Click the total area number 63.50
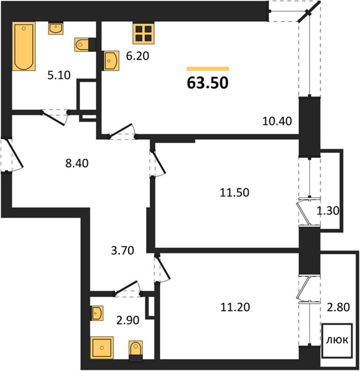(x=208, y=83)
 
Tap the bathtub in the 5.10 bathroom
(x=24, y=46)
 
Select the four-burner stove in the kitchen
(x=144, y=33)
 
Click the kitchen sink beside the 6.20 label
(x=111, y=61)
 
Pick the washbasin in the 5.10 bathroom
(x=56, y=28)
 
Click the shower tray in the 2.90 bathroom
(x=102, y=348)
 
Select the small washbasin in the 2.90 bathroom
(x=97, y=313)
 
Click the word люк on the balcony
(x=337, y=340)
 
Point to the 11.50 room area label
(x=234, y=192)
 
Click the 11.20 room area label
(x=235, y=307)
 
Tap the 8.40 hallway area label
(x=77, y=163)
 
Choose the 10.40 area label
(x=277, y=121)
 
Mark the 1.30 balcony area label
(x=328, y=210)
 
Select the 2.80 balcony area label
(x=338, y=307)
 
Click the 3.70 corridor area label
(x=122, y=250)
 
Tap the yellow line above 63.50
(x=208, y=69)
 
